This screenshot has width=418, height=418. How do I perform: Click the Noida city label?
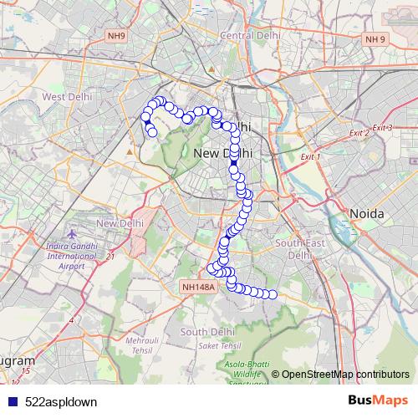click(x=366, y=214)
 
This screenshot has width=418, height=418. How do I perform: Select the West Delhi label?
click(x=66, y=97)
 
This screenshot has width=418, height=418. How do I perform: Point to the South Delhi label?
click(x=205, y=332)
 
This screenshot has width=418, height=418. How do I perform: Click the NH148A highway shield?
click(x=198, y=287)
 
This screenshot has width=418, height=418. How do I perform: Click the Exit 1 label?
click(x=310, y=156)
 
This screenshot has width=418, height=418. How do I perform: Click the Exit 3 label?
click(x=383, y=127)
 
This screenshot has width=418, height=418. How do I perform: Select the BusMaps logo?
click(x=378, y=401)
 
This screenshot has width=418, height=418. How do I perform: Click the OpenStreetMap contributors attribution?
click(x=345, y=375)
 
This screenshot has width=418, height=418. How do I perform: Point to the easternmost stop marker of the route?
click(x=272, y=294)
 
